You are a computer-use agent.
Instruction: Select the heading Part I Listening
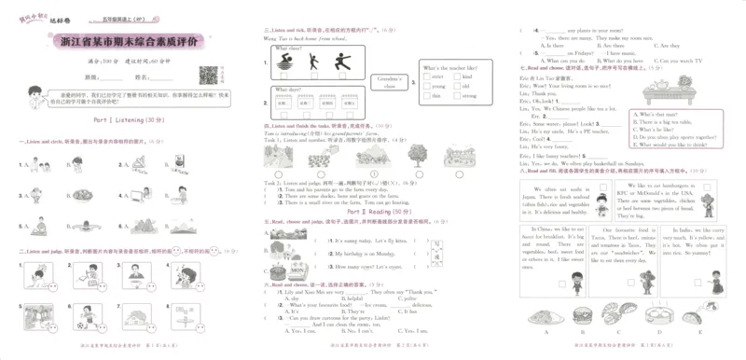coord(130,120)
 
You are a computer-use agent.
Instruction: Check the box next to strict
coord(425,77)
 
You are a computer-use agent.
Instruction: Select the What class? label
coord(288,48)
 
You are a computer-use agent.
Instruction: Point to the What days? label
coord(286,90)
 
